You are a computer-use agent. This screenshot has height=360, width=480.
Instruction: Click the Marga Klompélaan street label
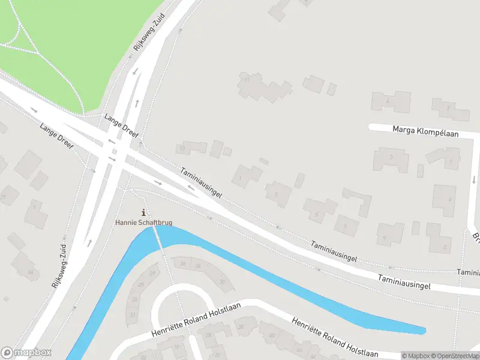click(425, 131)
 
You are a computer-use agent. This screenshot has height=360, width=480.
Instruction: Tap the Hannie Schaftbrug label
click(143, 223)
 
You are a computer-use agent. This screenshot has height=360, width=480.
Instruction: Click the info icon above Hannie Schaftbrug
click(143, 212)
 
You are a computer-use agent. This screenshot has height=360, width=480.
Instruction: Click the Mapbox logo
click(26, 353)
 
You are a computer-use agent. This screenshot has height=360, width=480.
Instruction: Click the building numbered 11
click(246, 79)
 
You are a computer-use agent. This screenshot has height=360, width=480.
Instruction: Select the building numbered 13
click(181, 148)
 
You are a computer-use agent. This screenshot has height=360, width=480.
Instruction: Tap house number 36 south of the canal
click(182, 263)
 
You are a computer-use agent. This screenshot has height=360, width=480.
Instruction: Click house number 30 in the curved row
click(223, 281)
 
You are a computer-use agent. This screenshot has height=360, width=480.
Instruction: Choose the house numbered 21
click(132, 314)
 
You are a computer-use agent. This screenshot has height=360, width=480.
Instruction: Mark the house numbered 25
click(141, 284)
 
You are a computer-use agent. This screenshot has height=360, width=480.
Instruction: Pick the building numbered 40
click(271, 335)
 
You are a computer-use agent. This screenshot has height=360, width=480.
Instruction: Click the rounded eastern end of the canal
click(422, 330)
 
